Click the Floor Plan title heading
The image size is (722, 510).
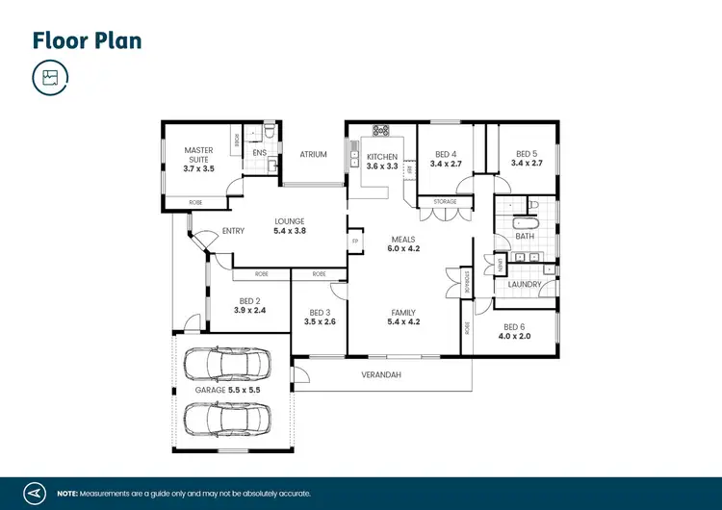[87, 40]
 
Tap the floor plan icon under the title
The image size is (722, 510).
[50, 78]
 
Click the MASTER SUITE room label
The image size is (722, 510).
[198, 155]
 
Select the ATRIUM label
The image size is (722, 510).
[313, 154]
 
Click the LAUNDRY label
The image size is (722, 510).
[525, 285]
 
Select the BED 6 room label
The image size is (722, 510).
[515, 327]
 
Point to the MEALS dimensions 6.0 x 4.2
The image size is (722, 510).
[404, 248]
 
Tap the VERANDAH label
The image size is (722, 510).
[380, 374]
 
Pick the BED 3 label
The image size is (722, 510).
[321, 312]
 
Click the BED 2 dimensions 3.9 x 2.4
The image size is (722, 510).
[251, 311]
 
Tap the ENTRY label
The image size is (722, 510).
[233, 231]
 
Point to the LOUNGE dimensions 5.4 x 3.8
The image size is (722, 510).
[290, 231]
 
